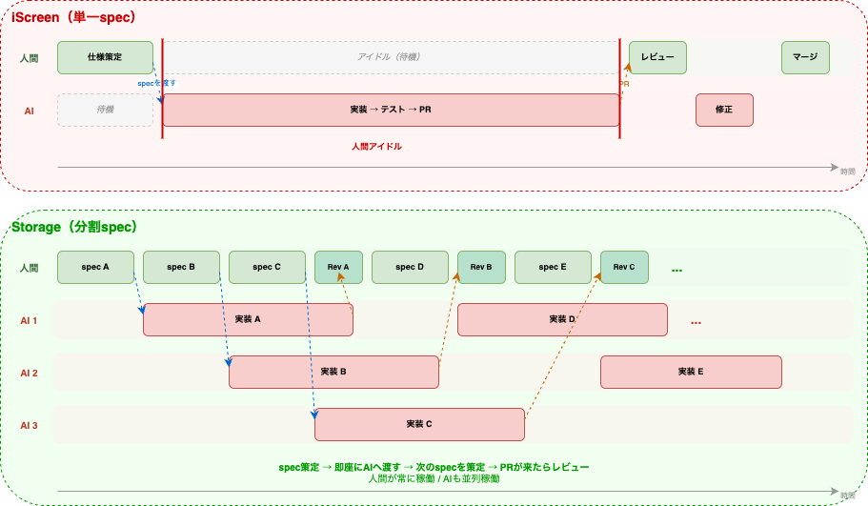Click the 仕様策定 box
pyautogui.click(x=105, y=57)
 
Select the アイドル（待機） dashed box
pyautogui.click(x=391, y=57)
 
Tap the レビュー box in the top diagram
pyautogui.click(x=657, y=57)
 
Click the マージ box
pyautogui.click(x=805, y=57)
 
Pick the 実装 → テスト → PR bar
pyautogui.click(x=391, y=110)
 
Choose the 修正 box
pyautogui.click(x=724, y=110)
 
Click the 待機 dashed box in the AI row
pyautogui.click(x=105, y=110)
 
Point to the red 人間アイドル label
pyautogui.click(x=376, y=147)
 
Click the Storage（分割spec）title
pyautogui.click(x=74, y=227)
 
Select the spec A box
pyautogui.click(x=95, y=267)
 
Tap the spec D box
pyautogui.click(x=410, y=267)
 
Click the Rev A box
pyautogui.click(x=338, y=267)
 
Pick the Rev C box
pyautogui.click(x=624, y=267)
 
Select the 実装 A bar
pyautogui.click(x=248, y=319)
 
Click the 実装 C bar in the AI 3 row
pyautogui.click(x=419, y=424)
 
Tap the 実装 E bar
pyautogui.click(x=691, y=372)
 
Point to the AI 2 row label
pyautogui.click(x=29, y=373)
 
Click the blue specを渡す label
pyautogui.click(x=157, y=83)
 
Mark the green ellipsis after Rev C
pyautogui.click(x=676, y=270)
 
